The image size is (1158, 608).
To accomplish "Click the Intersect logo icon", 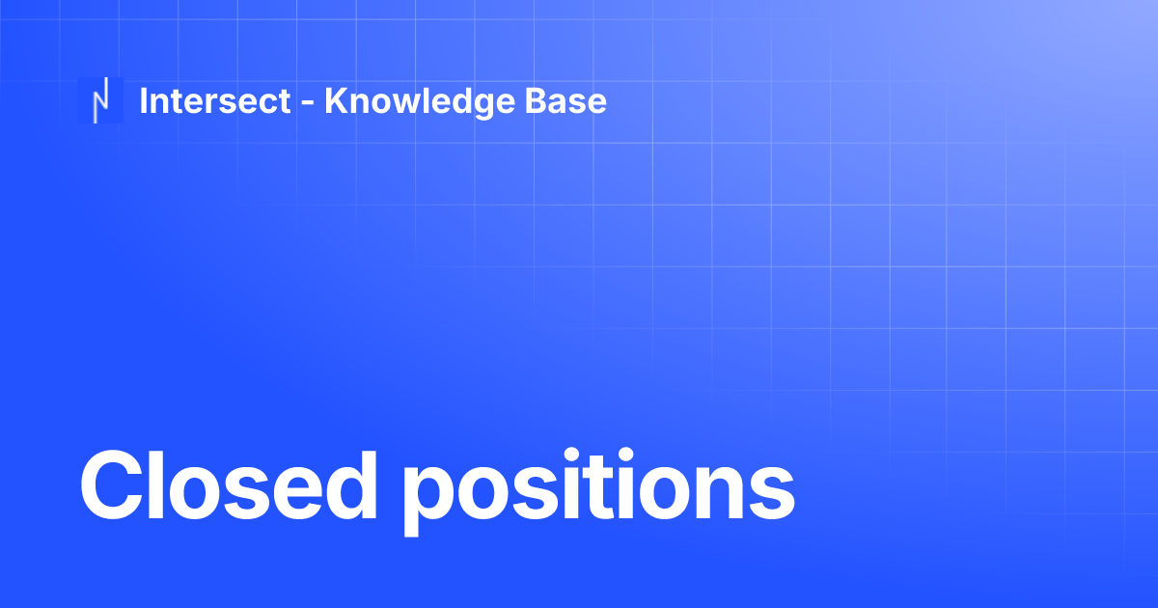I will (x=99, y=100).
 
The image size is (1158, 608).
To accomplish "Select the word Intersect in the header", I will (x=215, y=100).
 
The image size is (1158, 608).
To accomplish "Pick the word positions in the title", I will (x=598, y=487).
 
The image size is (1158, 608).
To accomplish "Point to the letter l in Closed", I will (x=166, y=483).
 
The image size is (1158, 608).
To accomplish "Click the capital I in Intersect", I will (x=144, y=100).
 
